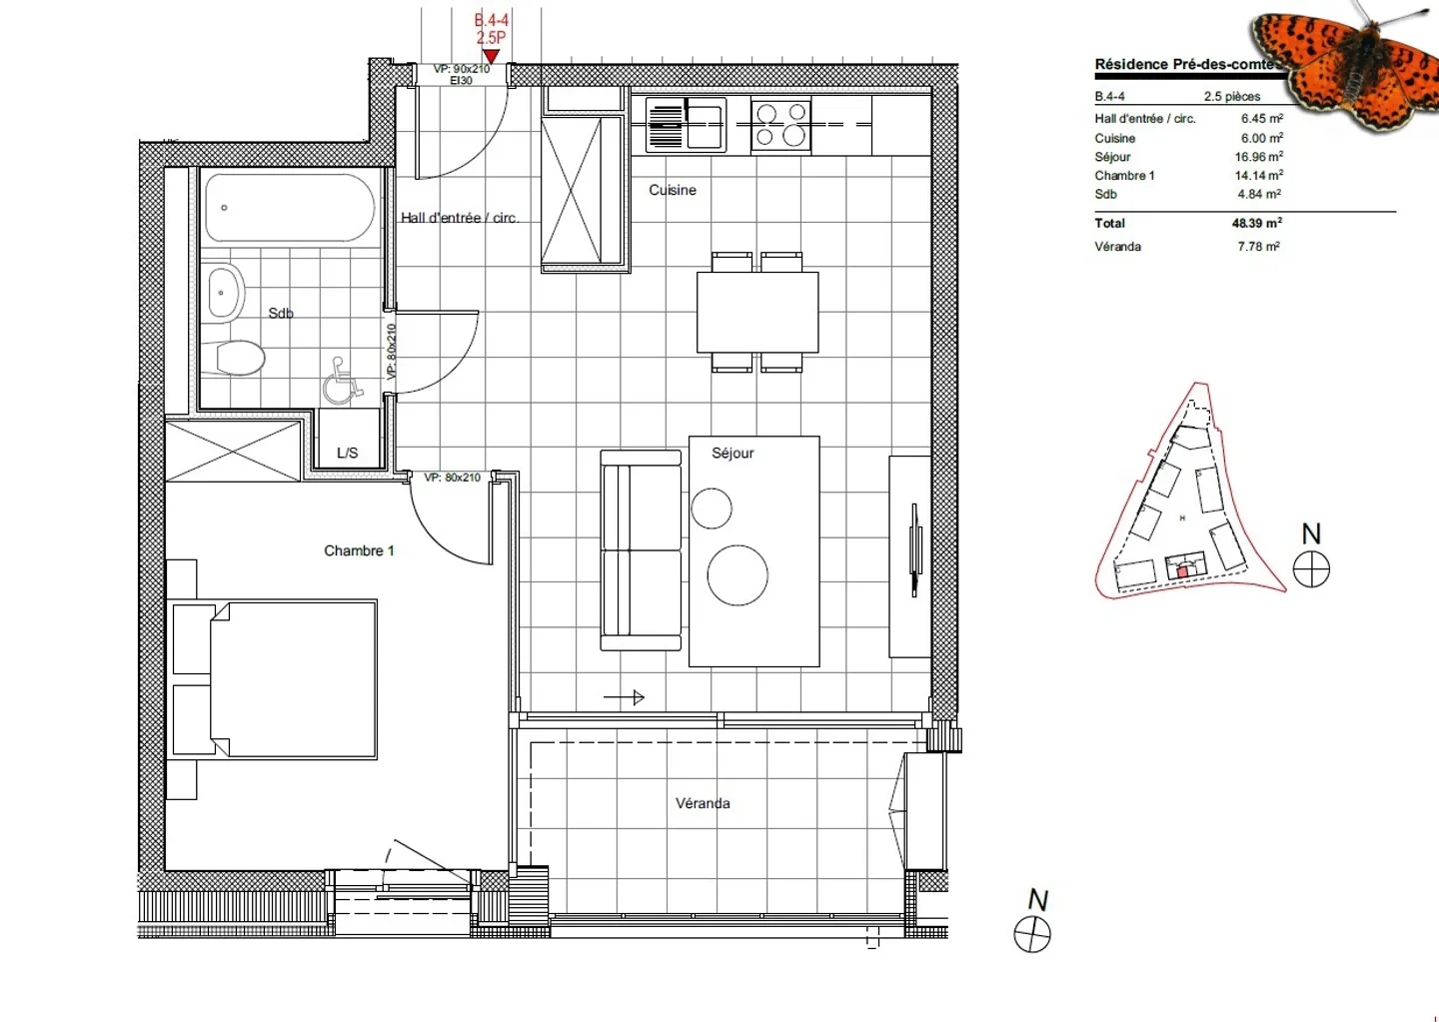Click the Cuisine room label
coord(672,190)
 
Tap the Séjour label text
coord(732,453)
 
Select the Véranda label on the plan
coord(703,803)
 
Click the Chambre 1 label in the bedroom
coord(359,550)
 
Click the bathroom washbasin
coord(225,293)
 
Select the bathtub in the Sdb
coord(289,208)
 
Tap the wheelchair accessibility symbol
coord(342,382)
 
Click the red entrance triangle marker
coord(491,56)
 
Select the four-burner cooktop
coord(780,125)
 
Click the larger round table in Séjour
coord(737,575)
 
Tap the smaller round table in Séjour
coord(712,508)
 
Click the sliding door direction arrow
coord(625,697)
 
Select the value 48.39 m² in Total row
coord(1256,223)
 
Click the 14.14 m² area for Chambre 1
coord(1258,175)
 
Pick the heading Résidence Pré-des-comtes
coord(1184,64)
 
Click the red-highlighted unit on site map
coord(1183,570)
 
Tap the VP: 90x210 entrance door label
coord(461,69)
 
